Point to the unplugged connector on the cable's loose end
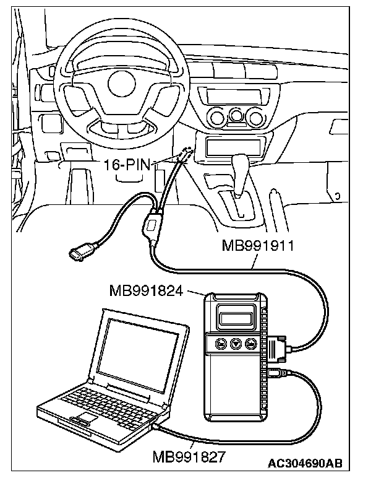[x=78, y=254]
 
